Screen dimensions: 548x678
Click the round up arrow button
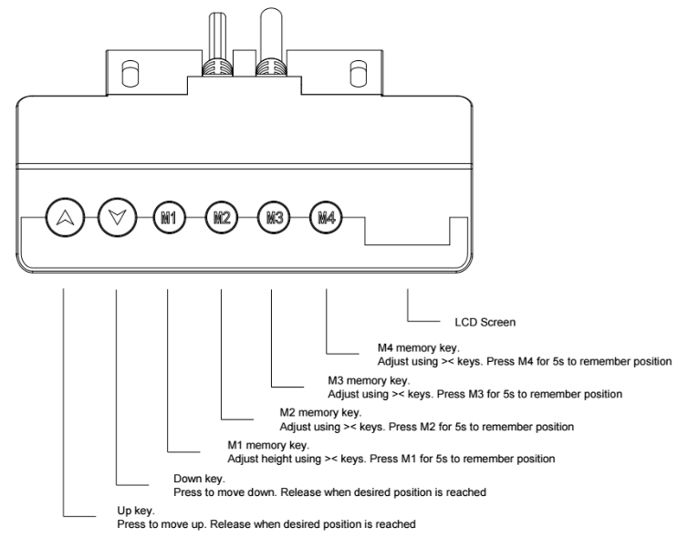click(x=64, y=218)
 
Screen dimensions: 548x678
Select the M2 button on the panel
click(x=221, y=218)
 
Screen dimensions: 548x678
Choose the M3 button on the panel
click(x=273, y=218)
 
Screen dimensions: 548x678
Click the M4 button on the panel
click(x=326, y=218)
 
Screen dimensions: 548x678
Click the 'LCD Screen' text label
click(x=485, y=322)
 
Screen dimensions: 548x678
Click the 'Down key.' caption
click(x=199, y=478)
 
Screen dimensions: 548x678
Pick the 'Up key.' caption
click(x=137, y=512)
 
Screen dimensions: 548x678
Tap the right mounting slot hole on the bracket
click(x=356, y=72)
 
